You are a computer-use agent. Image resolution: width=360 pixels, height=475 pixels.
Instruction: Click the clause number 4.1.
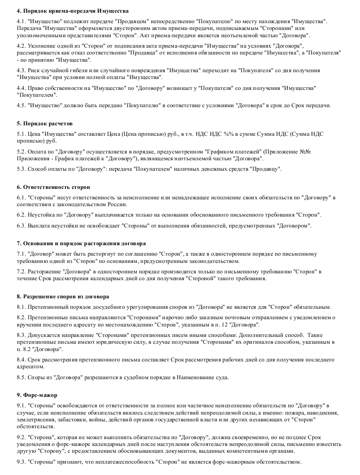point(21,22)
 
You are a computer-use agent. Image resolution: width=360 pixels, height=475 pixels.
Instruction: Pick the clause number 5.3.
point(21,169)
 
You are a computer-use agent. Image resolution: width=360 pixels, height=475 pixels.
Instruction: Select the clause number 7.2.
point(21,272)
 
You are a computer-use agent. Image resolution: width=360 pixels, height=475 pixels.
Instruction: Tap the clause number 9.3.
point(21,462)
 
